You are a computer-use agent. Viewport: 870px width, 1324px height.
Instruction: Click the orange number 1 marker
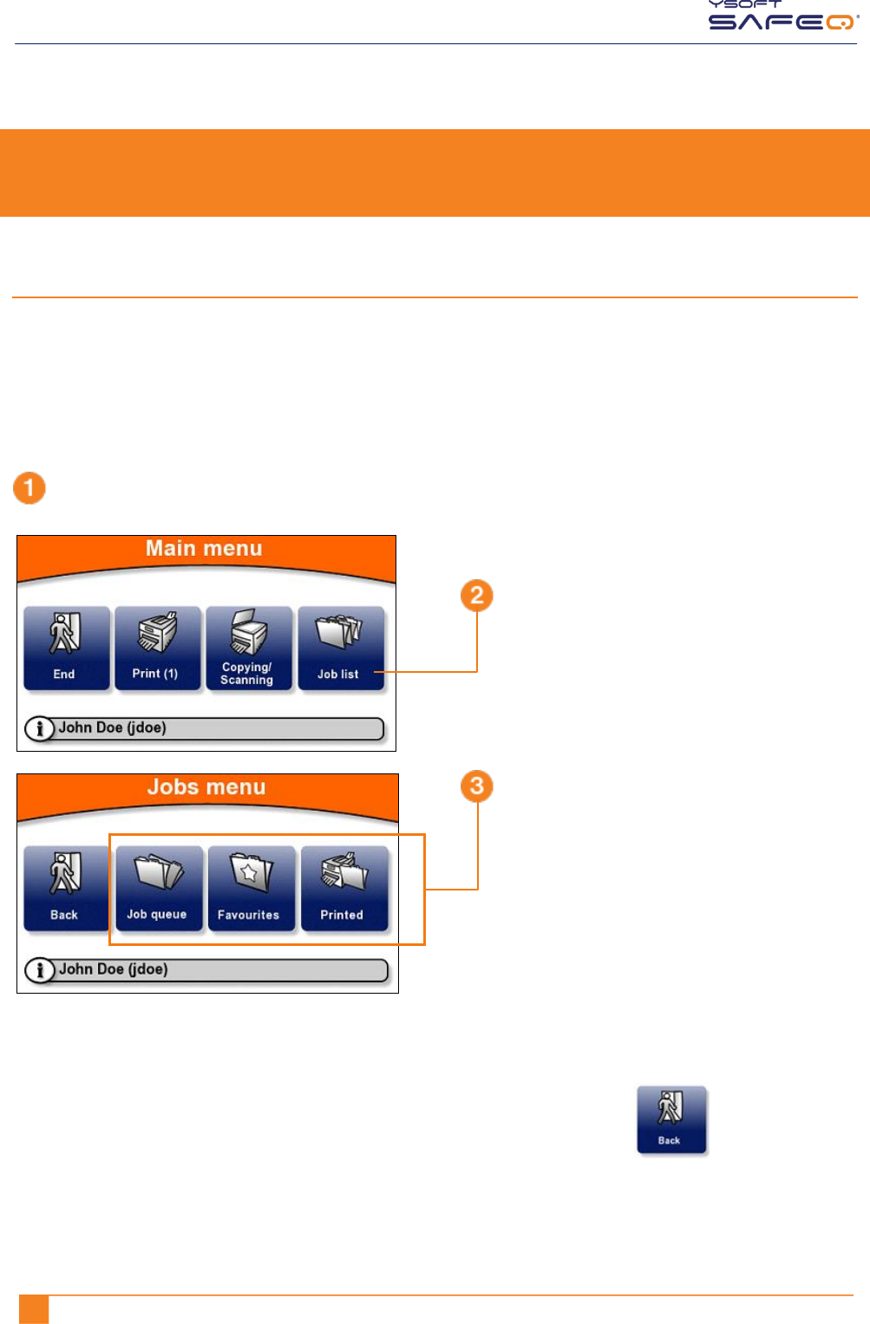pyautogui.click(x=29, y=488)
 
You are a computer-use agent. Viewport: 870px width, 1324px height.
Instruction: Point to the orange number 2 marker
pyautogui.click(x=476, y=596)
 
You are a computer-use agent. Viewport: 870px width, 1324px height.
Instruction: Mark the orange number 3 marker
pyautogui.click(x=476, y=786)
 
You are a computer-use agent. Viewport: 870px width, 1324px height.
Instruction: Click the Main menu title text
pyautogui.click(x=204, y=549)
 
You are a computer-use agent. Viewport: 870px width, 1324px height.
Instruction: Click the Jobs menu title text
pyautogui.click(x=206, y=787)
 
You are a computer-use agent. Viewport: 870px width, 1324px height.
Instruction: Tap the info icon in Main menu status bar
pyautogui.click(x=39, y=729)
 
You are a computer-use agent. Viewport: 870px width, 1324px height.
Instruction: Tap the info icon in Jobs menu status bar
pyautogui.click(x=39, y=970)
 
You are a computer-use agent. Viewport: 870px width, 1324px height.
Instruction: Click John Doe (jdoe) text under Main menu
pyautogui.click(x=112, y=728)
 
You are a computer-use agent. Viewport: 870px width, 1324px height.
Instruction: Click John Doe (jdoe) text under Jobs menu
pyautogui.click(x=113, y=969)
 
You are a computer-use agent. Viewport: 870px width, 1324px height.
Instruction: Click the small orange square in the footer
pyautogui.click(x=34, y=1309)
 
